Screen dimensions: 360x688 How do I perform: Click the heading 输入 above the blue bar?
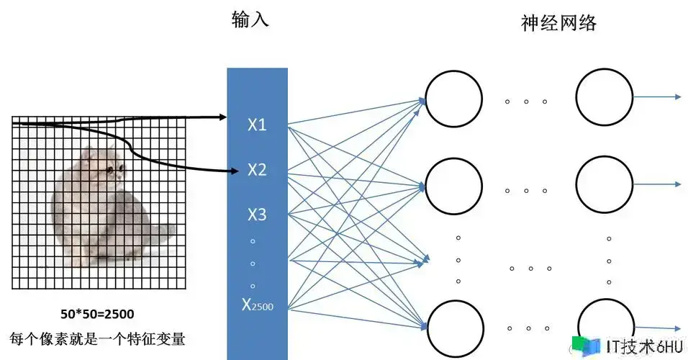coord(250,19)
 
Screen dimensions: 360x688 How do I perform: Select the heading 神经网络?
coord(558,22)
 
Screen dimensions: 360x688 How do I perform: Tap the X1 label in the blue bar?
coord(257,125)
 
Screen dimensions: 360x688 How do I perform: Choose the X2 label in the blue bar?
coord(257,170)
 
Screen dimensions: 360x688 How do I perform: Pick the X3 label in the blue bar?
coord(257,215)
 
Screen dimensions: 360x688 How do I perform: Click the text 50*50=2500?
coord(97,314)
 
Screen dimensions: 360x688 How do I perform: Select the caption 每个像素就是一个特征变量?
coord(97,338)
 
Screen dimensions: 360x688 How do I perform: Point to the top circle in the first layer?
coord(453,99)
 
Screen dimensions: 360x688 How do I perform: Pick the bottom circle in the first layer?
coord(453,325)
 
